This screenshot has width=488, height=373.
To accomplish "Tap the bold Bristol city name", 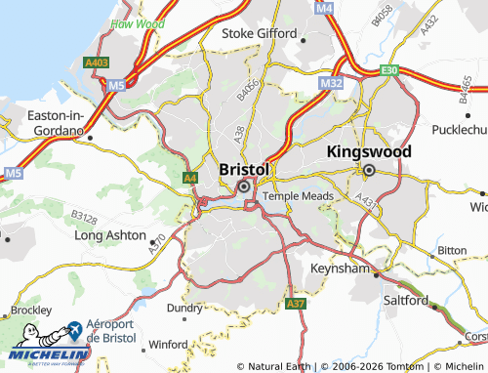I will (x=243, y=168).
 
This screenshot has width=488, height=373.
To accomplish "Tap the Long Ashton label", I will (x=110, y=235).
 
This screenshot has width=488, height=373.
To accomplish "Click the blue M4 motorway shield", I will (x=324, y=8).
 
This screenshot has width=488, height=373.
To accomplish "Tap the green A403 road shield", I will (x=96, y=62).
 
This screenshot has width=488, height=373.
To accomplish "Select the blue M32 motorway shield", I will (x=330, y=85).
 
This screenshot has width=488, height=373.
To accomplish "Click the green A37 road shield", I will (x=297, y=306).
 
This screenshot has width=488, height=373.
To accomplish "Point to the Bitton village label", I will (x=452, y=250).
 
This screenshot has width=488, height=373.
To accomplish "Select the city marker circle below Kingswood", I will (x=370, y=171).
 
